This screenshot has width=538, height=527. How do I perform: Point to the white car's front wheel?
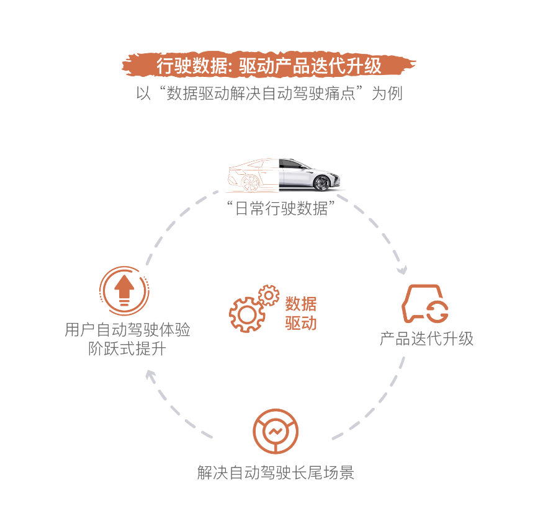[x=321, y=183]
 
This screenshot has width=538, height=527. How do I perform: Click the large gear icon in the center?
[x=246, y=314]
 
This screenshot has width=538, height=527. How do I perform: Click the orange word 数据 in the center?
[x=301, y=304]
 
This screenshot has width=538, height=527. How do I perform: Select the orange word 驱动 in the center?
[x=301, y=323]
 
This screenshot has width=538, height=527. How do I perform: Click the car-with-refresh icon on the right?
[x=426, y=304]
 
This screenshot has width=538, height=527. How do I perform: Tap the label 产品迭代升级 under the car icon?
[x=426, y=339]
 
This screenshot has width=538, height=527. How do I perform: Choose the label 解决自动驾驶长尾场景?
[x=276, y=472]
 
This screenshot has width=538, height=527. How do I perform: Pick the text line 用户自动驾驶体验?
[x=127, y=329]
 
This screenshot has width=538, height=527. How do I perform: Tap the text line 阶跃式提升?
[x=127, y=348]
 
